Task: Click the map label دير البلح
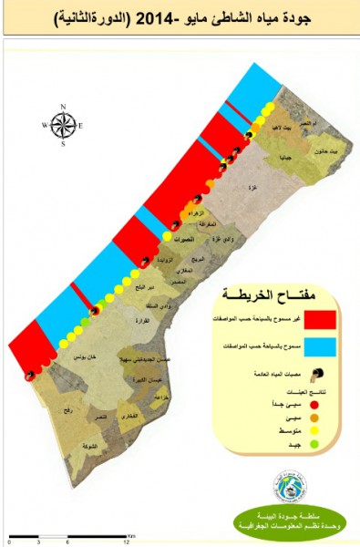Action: [x=146, y=285]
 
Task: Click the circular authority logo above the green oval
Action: [x=290, y=486]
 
